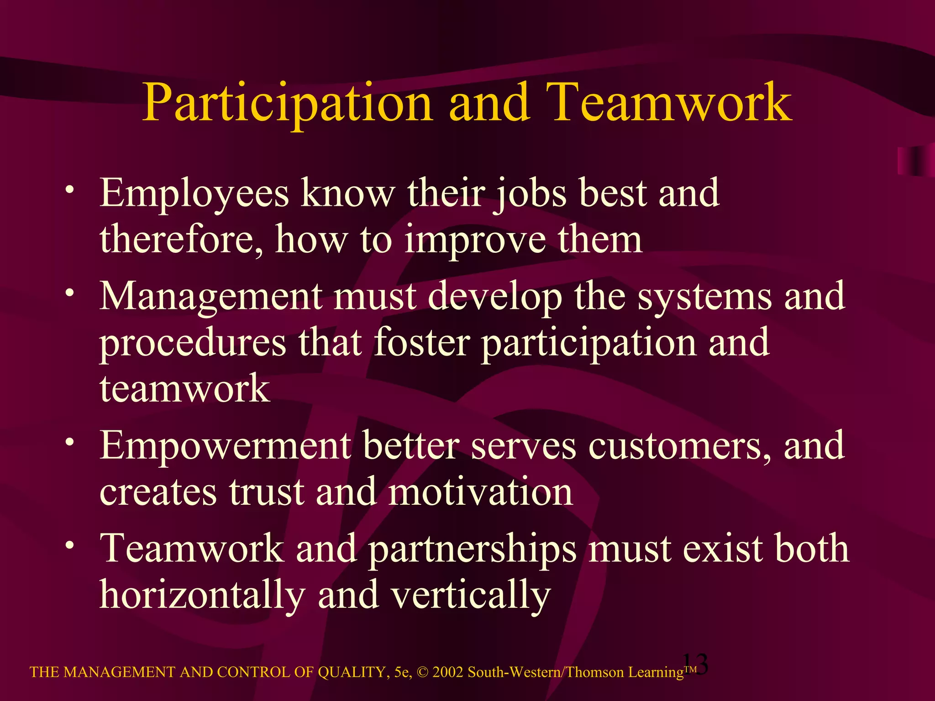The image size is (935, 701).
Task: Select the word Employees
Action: (x=194, y=194)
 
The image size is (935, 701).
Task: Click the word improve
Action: (x=475, y=241)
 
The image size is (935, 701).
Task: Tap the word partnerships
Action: (x=472, y=549)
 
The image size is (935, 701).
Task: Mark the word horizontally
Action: (x=202, y=596)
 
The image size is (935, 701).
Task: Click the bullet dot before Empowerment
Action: (x=69, y=442)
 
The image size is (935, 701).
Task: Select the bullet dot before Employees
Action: (x=69, y=189)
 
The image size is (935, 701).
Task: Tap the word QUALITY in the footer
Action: (x=353, y=672)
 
